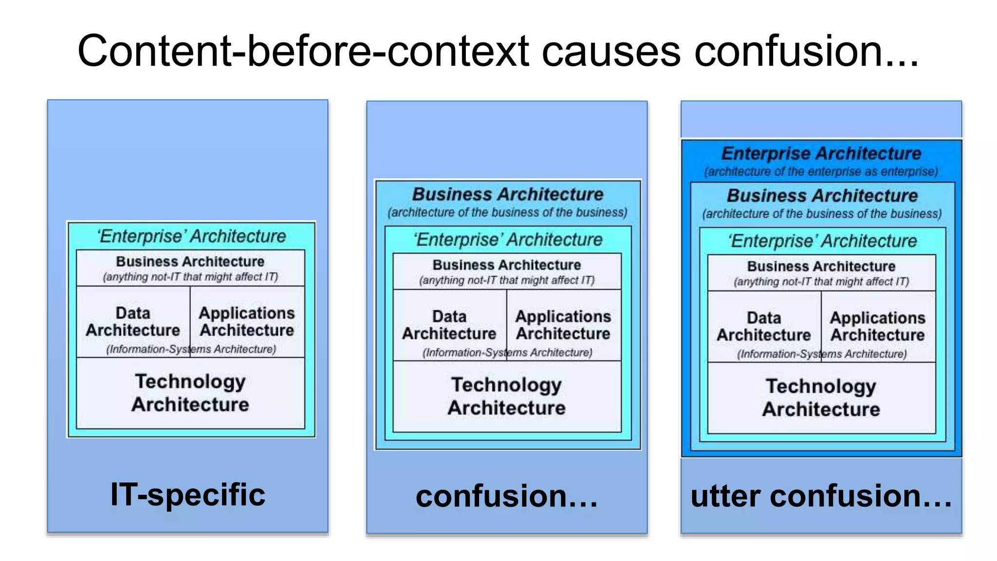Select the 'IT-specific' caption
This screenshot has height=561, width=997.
pos(188,495)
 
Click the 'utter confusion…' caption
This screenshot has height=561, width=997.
pos(821,496)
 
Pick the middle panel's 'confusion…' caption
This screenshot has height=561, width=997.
pos(506,496)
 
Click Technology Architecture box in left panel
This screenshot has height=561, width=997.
pos(190,393)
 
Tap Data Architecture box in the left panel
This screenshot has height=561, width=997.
pos(133,321)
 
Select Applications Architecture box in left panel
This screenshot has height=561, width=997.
pos(247,321)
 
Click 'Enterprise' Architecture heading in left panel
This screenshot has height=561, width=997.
pos(191,236)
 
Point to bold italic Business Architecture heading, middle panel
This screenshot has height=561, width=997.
pos(507,194)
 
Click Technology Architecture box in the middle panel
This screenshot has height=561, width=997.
pos(507,396)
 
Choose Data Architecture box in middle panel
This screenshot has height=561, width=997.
pos(449,325)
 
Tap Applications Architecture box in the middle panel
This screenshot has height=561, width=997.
pos(563,325)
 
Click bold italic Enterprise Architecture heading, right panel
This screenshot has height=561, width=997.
pos(821,153)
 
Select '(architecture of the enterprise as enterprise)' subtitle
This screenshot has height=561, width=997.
pos(821,172)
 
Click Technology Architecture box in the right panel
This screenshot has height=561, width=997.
pos(821,398)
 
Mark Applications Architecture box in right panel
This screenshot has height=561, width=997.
pos(878,326)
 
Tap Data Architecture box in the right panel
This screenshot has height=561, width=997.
pos(764,326)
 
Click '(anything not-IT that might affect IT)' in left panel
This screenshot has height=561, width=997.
pos(190,277)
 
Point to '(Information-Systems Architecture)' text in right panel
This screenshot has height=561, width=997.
pos(822,354)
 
